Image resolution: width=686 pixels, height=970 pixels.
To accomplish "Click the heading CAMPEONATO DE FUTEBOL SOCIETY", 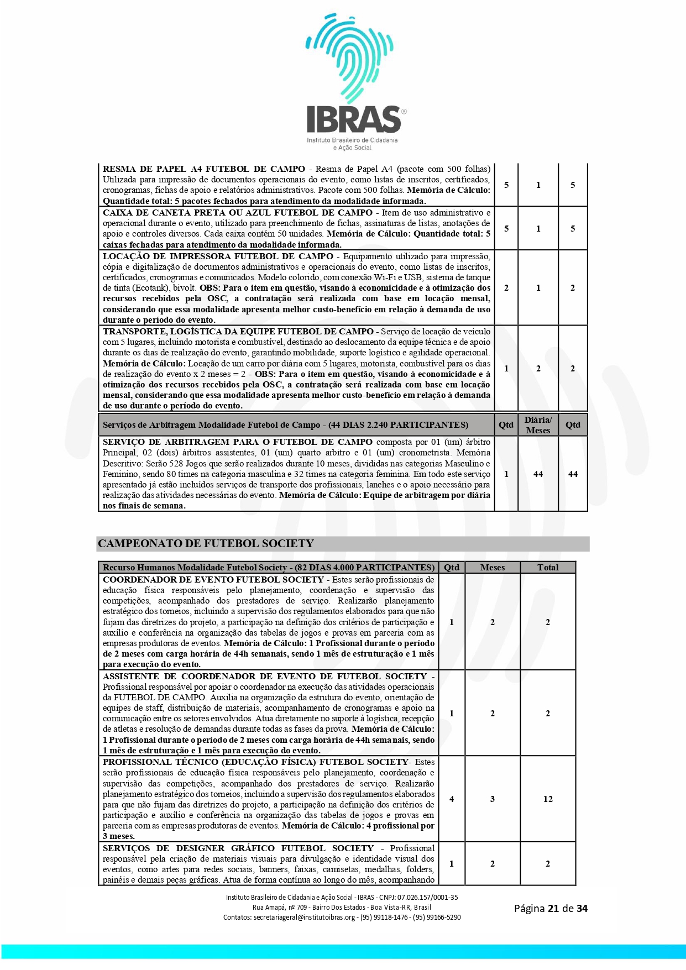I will pos(206,543).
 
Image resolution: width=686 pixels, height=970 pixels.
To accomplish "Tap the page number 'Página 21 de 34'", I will pos(551,908).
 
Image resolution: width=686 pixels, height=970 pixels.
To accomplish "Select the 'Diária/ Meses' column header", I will pos(538,425).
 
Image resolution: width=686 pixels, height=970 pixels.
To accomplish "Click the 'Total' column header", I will pos(548,567).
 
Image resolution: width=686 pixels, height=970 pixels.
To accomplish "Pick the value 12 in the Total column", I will pos(548,799).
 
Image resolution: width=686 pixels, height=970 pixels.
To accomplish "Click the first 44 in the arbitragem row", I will pos(538,474).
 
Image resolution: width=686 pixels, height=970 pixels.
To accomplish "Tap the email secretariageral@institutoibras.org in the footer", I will pos(304,917).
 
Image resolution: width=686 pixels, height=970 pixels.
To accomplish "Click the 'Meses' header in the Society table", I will pos(493,567).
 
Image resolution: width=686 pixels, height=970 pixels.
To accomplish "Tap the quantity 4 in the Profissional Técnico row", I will pos(452,799).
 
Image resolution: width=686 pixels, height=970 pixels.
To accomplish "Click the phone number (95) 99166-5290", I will pos(438,917).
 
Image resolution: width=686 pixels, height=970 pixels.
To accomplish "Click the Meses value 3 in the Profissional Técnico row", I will pos(493,799).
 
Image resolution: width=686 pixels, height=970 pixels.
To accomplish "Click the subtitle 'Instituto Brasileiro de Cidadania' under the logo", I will pos(352,140).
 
